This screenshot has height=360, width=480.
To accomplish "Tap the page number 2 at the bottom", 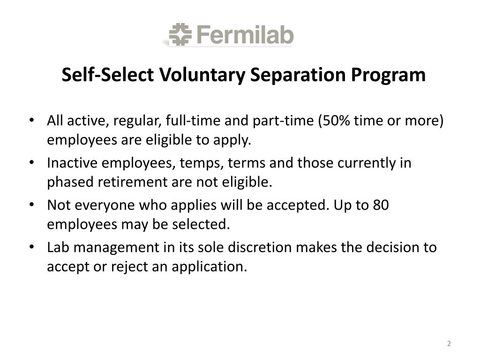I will click(x=449, y=344).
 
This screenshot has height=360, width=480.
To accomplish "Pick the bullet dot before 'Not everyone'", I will click(x=31, y=205).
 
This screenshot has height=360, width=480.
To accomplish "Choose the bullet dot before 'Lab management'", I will click(x=31, y=247).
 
